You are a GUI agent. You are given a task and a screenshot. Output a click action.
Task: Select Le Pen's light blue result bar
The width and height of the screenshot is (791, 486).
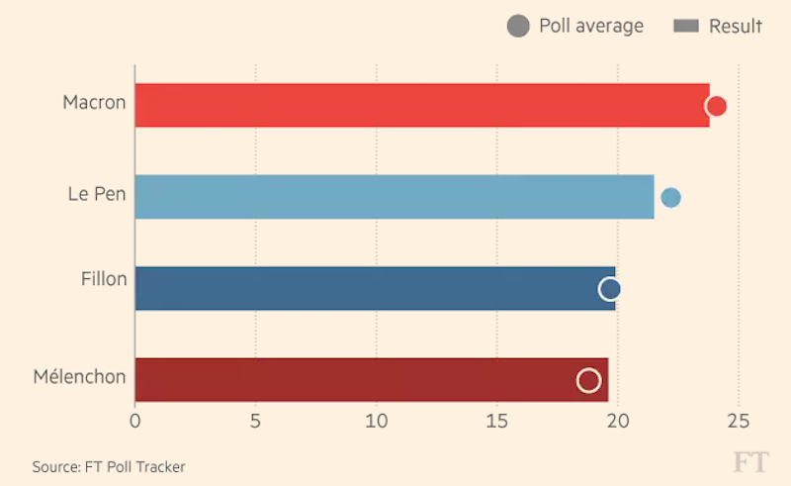(394, 197)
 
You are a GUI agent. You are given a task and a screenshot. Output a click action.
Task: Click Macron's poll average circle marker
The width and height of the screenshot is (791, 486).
(717, 106)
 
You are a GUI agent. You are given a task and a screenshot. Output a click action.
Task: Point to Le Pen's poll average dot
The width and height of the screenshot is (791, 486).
(670, 197)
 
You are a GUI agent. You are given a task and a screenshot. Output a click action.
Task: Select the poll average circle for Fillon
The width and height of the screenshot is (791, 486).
(610, 289)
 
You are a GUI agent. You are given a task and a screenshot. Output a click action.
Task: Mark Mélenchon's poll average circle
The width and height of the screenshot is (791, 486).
(588, 380)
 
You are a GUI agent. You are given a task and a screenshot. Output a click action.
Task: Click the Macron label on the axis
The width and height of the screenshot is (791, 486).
(94, 102)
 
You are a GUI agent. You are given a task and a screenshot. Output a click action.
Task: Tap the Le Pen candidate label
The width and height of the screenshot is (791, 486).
(97, 194)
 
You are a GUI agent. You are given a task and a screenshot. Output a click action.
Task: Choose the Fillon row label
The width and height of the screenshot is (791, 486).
(104, 279)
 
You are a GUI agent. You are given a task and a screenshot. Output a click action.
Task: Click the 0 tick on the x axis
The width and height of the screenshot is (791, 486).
(135, 420)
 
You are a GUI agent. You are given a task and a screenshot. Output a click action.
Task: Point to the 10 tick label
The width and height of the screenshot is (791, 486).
(376, 420)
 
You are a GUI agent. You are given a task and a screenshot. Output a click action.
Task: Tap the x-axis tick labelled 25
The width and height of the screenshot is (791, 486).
(739, 420)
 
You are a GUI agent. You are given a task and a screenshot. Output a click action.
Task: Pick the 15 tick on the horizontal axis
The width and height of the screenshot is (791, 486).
(496, 420)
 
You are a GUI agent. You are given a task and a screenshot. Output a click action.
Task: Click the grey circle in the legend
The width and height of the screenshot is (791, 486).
(517, 27)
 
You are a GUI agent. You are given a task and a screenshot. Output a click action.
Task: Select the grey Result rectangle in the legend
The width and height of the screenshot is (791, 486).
(686, 27)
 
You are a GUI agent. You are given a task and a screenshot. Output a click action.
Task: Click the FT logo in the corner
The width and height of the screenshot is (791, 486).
(749, 461)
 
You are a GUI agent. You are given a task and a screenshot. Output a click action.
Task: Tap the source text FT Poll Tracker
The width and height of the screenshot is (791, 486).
(109, 466)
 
